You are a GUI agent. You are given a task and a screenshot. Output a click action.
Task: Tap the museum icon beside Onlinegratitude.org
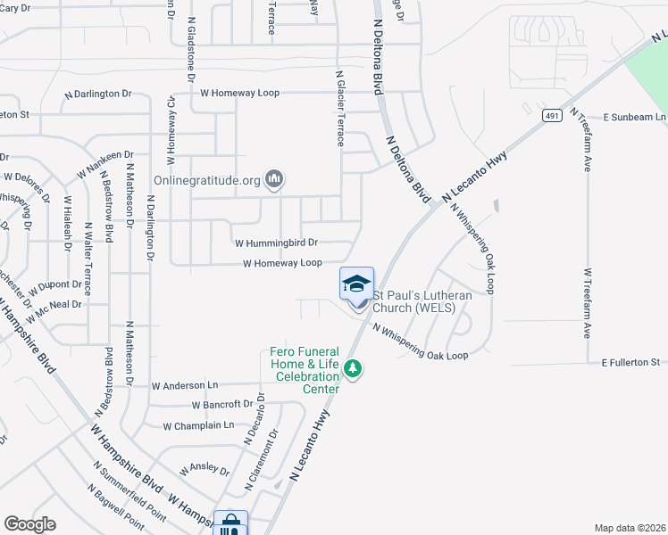pos(274,180)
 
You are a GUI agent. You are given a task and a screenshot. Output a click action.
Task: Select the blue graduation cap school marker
pos(356,284)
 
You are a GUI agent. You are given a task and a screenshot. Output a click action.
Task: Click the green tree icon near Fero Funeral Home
pos(355,368)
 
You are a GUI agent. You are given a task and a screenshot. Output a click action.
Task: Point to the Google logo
pos(29,523)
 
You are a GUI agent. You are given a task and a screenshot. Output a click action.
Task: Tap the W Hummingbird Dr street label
pos(276,243)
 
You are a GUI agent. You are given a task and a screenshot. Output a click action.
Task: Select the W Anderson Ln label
pos(185,386)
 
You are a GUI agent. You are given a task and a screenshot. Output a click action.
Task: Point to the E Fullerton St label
pos(630,362)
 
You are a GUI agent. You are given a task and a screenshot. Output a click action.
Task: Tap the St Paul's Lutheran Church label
pos(414,301)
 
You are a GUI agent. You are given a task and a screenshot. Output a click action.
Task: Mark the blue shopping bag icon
pos(230,523)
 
